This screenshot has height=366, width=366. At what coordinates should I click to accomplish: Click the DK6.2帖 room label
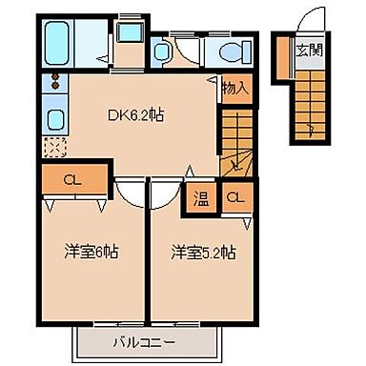[x=134, y=115]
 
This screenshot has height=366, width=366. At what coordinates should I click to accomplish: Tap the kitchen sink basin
[x=54, y=119]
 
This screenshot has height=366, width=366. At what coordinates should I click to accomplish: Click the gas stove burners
[x=54, y=79]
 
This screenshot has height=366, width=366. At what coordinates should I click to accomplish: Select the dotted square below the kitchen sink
[x=54, y=148]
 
